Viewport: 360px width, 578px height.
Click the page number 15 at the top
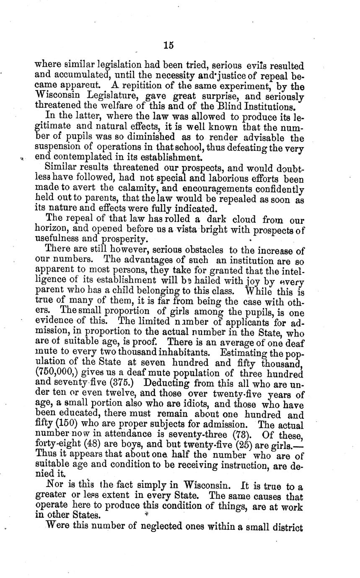tap(169, 45)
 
